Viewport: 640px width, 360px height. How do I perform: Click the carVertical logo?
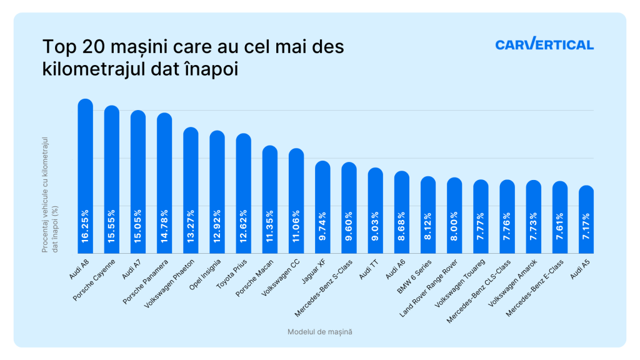tap(544, 45)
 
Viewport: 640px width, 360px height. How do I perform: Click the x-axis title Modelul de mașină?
tap(319, 332)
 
